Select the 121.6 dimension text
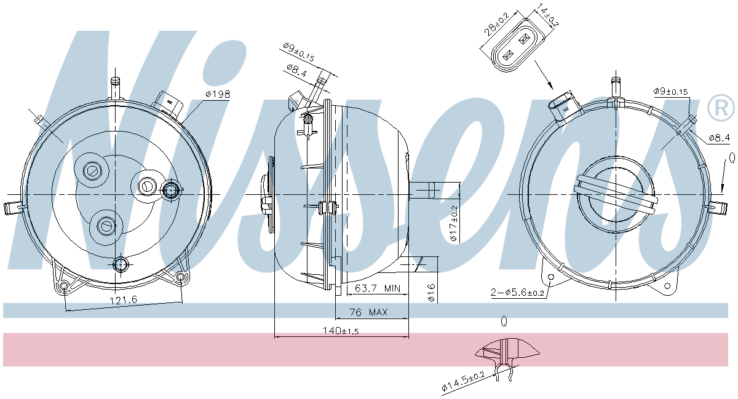click(124, 299)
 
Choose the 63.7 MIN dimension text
click(378, 288)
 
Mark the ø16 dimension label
click(432, 292)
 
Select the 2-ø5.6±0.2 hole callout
click(518, 293)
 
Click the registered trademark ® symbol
click(721, 108)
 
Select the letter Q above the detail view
click(504, 321)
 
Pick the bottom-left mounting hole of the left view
click(63, 286)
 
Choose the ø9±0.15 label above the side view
click(298, 52)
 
